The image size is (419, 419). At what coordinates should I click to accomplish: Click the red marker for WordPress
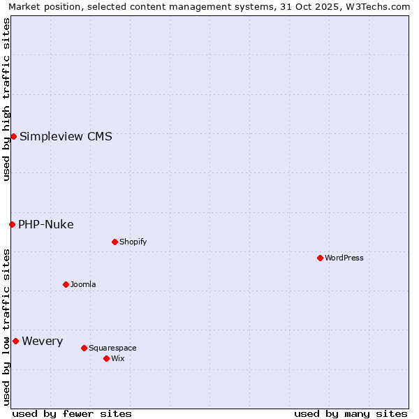tap(320, 258)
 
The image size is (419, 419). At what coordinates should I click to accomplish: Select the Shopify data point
tap(115, 242)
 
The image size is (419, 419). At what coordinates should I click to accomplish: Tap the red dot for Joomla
tap(66, 284)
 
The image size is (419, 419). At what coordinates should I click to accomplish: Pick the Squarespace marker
tap(84, 348)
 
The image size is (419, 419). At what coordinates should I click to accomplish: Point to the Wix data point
tap(106, 358)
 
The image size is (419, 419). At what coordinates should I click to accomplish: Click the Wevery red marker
tap(15, 341)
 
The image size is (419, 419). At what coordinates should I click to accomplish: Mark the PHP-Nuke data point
tap(12, 224)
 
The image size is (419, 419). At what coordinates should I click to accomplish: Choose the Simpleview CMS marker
tap(13, 136)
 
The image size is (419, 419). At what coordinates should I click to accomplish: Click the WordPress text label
tap(344, 258)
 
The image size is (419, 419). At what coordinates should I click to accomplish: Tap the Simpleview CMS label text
tap(66, 136)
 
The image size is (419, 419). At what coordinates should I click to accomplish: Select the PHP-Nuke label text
tap(46, 224)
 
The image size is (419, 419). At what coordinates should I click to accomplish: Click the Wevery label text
tap(43, 341)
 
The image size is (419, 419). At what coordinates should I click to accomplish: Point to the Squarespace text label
tap(112, 348)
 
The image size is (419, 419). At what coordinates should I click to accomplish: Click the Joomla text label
tap(83, 284)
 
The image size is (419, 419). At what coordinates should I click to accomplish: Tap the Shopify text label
tap(133, 242)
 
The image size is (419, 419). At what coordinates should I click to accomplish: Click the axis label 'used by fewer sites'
tap(72, 413)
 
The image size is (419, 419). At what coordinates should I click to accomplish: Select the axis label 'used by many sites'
tap(351, 413)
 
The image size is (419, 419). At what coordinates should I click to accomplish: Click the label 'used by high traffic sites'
tap(6, 99)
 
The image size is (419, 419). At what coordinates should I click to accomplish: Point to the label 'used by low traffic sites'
tap(6, 327)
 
